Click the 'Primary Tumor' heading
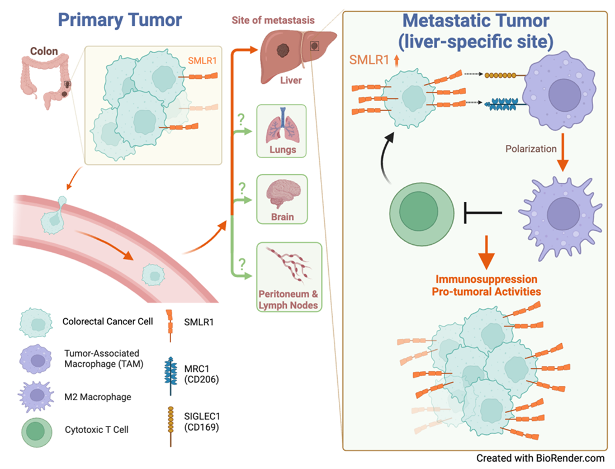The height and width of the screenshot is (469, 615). point(120,20)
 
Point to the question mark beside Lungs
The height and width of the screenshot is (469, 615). point(242,119)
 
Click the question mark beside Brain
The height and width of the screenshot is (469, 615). point(242,187)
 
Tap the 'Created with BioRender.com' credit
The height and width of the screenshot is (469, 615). point(541,458)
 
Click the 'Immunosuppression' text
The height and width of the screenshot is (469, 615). point(487,279)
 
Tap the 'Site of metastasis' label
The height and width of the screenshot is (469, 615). point(273,21)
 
